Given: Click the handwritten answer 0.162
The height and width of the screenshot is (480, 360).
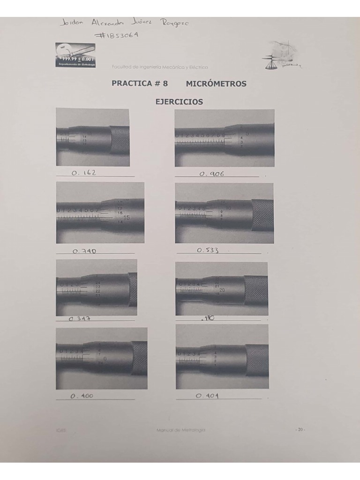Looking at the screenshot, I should tap(84, 172).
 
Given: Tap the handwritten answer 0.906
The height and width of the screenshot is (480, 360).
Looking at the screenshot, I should tap(212, 173).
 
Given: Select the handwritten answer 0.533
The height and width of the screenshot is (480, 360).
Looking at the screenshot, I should tap(208, 250).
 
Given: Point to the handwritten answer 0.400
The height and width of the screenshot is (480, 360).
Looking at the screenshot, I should tap(82, 396).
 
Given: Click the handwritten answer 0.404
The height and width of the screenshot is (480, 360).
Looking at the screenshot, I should tap(207, 396).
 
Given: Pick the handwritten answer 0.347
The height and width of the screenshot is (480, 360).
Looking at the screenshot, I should tap(80, 319).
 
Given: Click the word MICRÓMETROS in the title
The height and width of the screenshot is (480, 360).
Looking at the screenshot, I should tap(216, 84).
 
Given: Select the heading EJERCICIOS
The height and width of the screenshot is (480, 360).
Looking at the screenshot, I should tap(180, 101).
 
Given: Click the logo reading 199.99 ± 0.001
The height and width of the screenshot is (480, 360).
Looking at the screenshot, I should tap(75, 55).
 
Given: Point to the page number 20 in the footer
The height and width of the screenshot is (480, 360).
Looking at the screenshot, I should tap(300, 429).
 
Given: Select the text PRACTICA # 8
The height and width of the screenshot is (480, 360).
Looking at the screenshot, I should tap(140, 84).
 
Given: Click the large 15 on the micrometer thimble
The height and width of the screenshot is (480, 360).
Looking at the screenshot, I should tap(127, 217).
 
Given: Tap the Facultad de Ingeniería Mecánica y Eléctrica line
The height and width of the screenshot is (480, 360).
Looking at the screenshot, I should tap(160, 67).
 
